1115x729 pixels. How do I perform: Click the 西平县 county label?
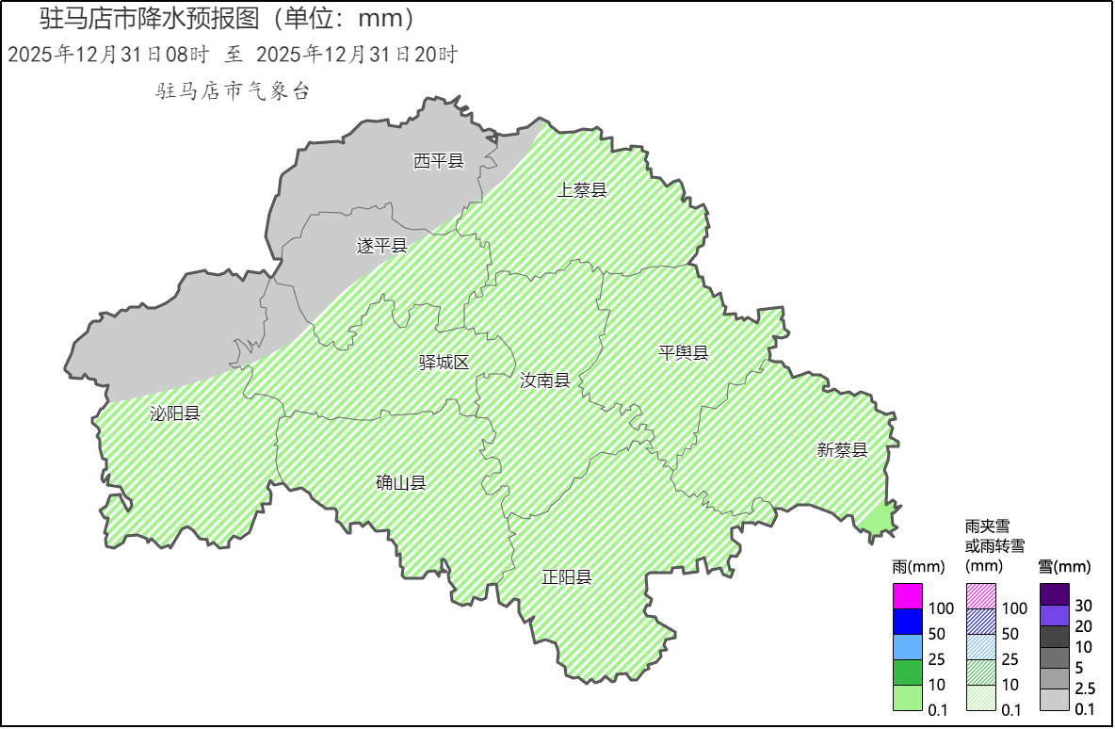439,161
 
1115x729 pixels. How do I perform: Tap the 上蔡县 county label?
582,190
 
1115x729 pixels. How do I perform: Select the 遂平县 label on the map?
381,246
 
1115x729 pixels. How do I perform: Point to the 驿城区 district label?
444,363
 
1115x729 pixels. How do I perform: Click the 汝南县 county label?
545,381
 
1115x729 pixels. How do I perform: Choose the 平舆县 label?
683,353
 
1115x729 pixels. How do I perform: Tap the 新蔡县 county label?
842,450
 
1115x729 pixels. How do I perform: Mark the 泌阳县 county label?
175,413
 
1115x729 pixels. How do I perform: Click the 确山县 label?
401,483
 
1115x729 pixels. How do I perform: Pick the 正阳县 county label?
567,577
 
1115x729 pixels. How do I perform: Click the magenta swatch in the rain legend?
907,597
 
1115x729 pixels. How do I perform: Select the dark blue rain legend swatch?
907,622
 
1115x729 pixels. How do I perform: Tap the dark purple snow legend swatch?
1055,593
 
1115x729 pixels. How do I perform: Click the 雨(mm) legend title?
917,567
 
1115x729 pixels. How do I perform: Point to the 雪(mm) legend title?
1064,567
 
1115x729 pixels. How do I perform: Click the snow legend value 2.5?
1085,688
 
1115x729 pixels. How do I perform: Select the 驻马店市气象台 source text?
233,91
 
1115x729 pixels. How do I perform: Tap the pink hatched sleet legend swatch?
981,596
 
